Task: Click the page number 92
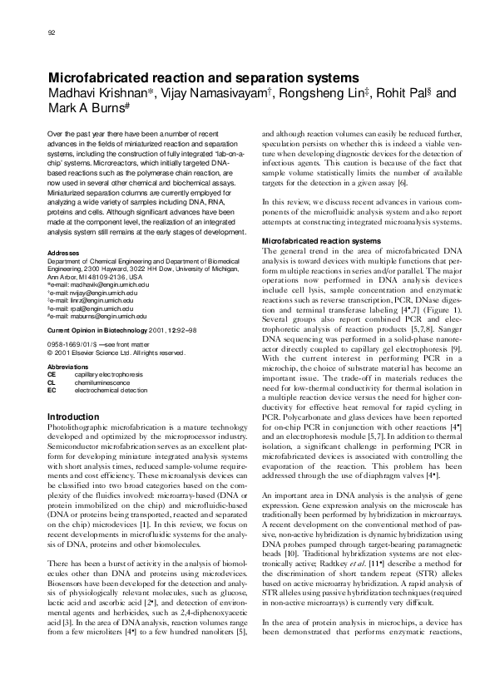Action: tap(52, 32)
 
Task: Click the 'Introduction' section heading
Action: tap(74, 416)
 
